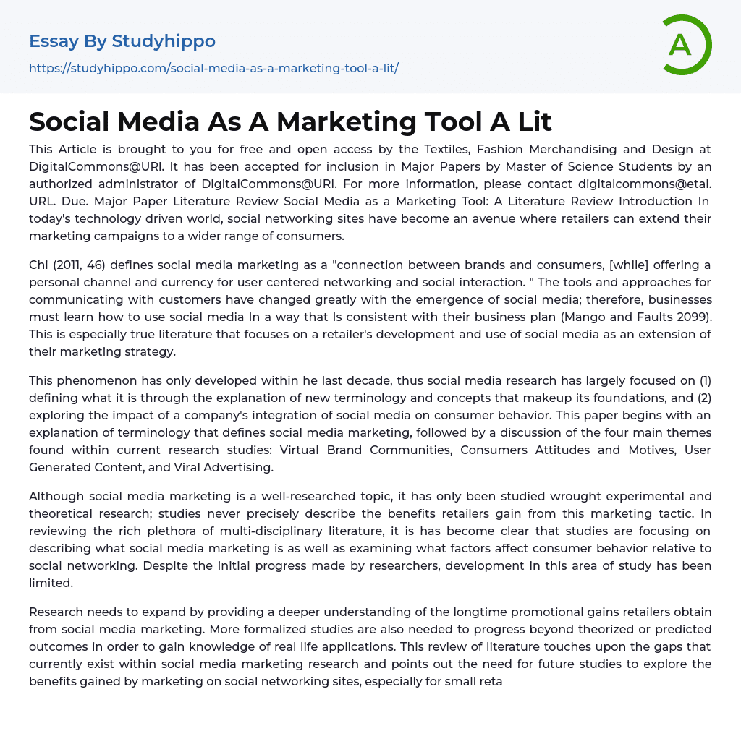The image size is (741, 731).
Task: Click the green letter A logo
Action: pyautogui.click(x=686, y=45)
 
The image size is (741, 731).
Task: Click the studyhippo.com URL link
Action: pyautogui.click(x=213, y=68)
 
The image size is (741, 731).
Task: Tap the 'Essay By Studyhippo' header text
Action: pyautogui.click(x=122, y=41)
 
